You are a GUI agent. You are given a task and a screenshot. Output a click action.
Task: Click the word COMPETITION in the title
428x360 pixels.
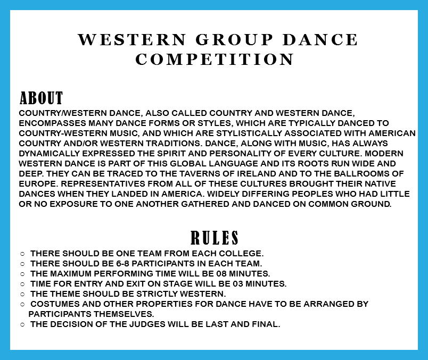coord(215,59)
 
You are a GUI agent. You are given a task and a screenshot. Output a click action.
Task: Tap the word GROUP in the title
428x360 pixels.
coord(234,39)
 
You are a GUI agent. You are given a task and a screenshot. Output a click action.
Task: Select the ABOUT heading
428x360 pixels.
coord(41,98)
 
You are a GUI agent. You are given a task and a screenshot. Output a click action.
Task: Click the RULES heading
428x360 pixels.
coord(215,238)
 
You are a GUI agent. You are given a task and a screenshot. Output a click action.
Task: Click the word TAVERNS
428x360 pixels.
coord(198,173)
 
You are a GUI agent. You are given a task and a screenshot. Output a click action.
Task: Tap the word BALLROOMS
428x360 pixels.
coord(361,173)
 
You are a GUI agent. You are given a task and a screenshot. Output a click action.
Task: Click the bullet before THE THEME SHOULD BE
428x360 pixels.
coord(22,294)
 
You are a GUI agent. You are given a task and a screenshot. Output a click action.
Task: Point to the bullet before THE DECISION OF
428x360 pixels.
coord(22,324)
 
